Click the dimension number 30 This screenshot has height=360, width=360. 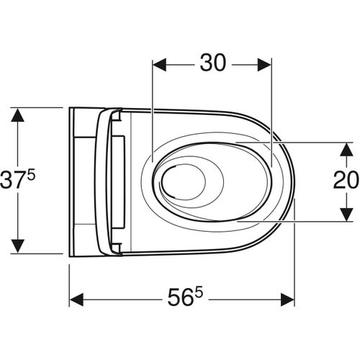point(212,63)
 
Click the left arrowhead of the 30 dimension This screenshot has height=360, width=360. point(161,64)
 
